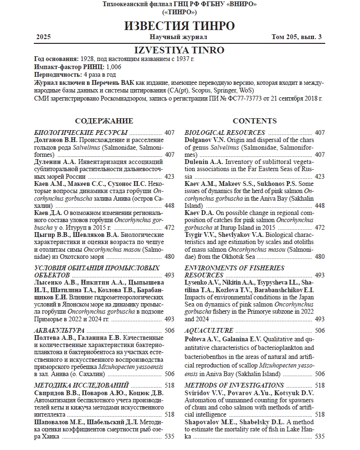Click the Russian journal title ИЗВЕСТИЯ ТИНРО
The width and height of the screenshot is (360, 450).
[x=180, y=26]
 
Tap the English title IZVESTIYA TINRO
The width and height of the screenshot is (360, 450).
[x=180, y=50]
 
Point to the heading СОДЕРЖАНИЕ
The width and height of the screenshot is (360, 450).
[x=104, y=121]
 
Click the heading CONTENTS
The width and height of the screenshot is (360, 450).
[x=254, y=121]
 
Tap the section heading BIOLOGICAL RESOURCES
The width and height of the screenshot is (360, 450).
[x=225, y=133]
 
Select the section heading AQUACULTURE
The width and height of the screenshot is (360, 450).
[x=209, y=330]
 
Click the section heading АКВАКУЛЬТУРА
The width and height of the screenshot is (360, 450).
[x=60, y=330]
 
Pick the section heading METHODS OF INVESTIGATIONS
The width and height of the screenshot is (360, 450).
[x=234, y=385]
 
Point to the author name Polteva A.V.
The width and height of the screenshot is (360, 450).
[x=201, y=339]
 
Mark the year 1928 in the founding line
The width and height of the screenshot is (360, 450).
[x=89, y=59]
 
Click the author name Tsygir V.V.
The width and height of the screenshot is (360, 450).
[x=200, y=235]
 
